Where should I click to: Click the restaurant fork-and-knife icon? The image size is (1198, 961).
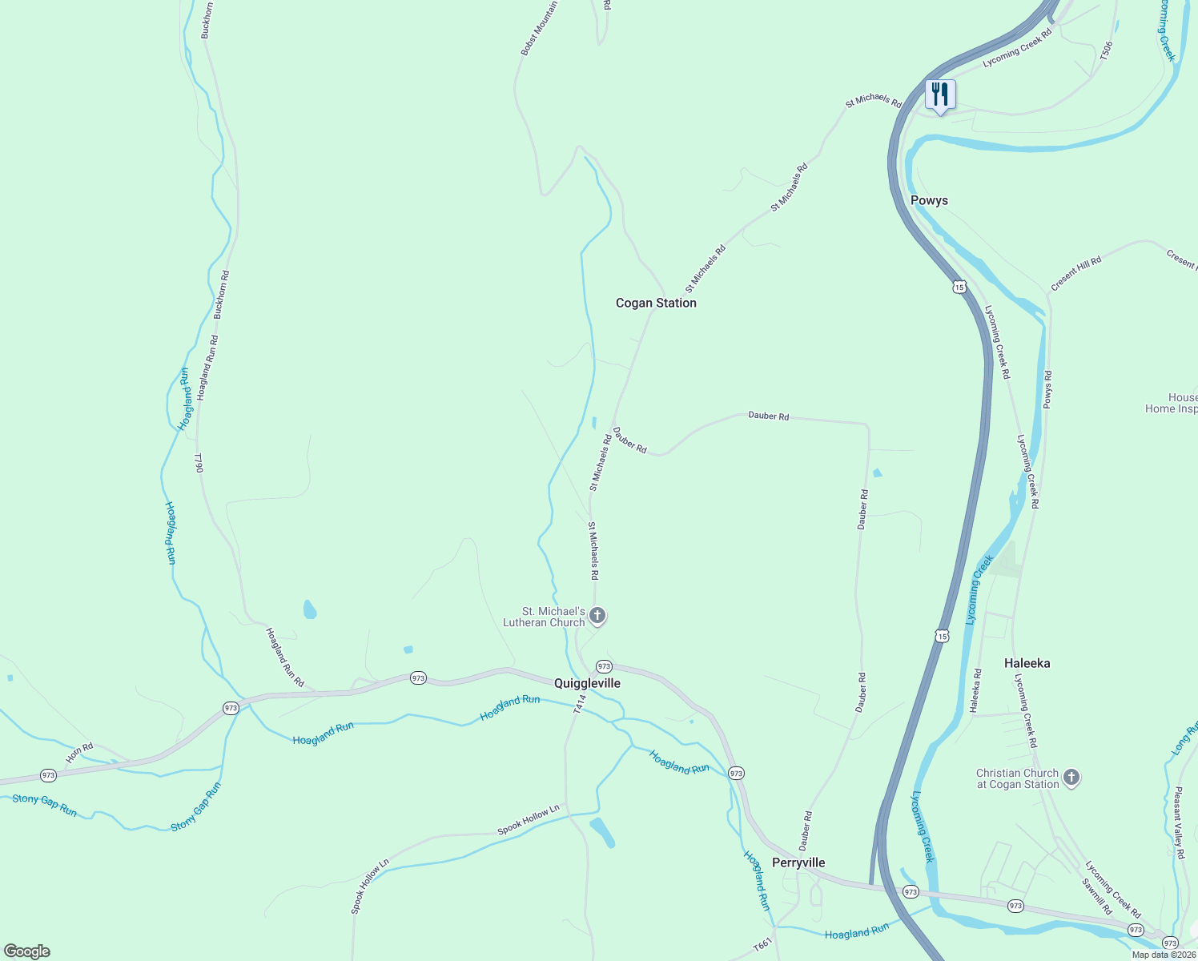pyautogui.click(x=939, y=94)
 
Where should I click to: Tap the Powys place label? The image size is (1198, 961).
pyautogui.click(x=929, y=200)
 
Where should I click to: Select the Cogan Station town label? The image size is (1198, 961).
pyautogui.click(x=656, y=303)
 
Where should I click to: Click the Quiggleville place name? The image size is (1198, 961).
pyautogui.click(x=587, y=683)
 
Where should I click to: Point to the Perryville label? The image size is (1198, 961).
pyautogui.click(x=798, y=862)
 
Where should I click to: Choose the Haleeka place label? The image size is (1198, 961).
pyautogui.click(x=1027, y=663)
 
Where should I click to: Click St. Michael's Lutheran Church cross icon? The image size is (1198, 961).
pyautogui.click(x=597, y=616)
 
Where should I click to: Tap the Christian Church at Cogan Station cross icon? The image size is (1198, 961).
pyautogui.click(x=1071, y=778)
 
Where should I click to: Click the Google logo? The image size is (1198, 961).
pyautogui.click(x=26, y=951)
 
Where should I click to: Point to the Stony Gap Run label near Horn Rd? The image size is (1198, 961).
pyautogui.click(x=45, y=805)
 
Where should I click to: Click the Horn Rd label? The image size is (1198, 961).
pyautogui.click(x=79, y=754)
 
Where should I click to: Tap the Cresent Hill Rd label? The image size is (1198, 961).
pyautogui.click(x=1075, y=273)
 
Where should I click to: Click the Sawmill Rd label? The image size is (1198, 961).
pyautogui.click(x=1097, y=897)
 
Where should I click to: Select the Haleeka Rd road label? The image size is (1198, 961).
pyautogui.click(x=975, y=690)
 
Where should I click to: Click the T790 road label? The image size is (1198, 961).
pyautogui.click(x=199, y=463)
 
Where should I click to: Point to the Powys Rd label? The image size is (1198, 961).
pyautogui.click(x=1047, y=389)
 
